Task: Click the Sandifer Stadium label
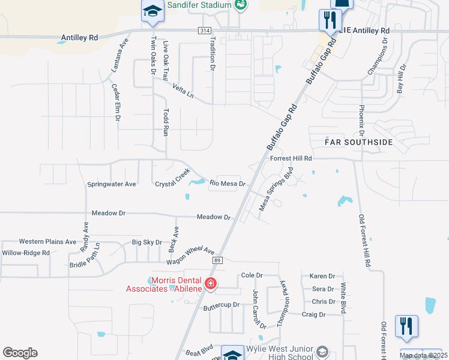[199, 5]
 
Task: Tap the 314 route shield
[203, 30]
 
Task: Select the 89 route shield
[217, 260]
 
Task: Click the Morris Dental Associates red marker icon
[211, 283]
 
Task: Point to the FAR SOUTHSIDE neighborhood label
[358, 142]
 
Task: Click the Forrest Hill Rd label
[292, 158]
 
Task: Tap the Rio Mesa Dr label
[228, 184]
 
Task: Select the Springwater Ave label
[112, 184]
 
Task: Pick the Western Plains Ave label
[47, 241]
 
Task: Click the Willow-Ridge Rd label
[25, 253]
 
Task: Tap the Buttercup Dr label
[221, 305]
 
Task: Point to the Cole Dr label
[252, 275]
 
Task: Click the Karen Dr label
[322, 276]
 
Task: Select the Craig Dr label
[313, 314]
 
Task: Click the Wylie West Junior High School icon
[323, 352]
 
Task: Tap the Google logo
[20, 353]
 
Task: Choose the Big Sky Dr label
[147, 242]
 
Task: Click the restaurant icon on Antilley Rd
[329, 20]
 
